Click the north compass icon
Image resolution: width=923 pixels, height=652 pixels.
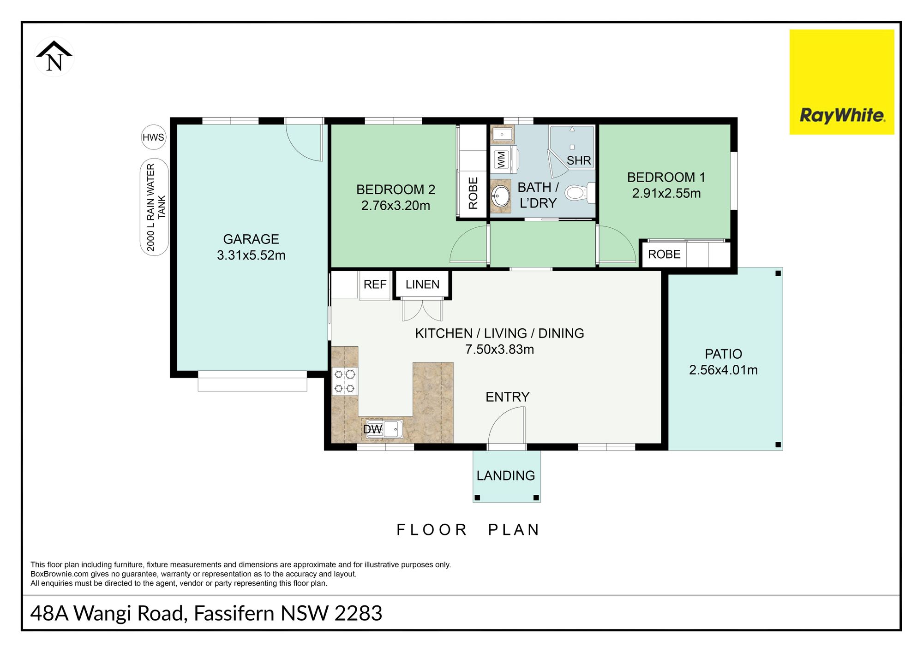[54, 57]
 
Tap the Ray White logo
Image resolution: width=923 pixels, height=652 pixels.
[842, 82]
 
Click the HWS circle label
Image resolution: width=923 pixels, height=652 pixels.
[153, 137]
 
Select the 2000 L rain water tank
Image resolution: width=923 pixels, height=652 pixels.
[154, 207]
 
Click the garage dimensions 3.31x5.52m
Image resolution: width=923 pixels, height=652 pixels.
[251, 255]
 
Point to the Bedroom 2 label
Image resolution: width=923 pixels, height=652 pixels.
[396, 190]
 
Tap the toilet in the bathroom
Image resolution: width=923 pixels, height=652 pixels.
[580, 192]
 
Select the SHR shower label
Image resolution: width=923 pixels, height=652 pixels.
[579, 160]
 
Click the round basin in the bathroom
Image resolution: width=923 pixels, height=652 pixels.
[500, 196]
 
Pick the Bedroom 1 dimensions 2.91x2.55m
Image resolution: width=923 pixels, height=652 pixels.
[666, 193]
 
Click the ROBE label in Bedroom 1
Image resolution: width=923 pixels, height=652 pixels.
[664, 254]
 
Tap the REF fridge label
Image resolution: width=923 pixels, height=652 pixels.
[375, 285]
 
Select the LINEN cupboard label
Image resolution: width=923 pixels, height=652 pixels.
[422, 285]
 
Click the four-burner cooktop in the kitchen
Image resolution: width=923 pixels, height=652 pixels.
[345, 380]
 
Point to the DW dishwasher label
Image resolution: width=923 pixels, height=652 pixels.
[372, 429]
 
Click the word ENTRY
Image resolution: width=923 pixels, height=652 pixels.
[507, 397]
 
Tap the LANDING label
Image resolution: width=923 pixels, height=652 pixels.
[506, 475]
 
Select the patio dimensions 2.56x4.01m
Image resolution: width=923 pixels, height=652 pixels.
[723, 370]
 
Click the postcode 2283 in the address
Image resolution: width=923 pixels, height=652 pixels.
[358, 613]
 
